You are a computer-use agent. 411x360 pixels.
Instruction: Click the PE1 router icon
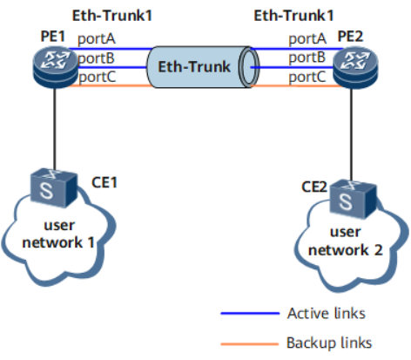tap(56, 67)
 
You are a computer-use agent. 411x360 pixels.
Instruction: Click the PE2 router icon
tap(355, 67)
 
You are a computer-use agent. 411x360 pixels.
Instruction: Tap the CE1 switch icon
tap(54, 187)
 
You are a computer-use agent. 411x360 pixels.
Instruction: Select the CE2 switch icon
tap(354, 199)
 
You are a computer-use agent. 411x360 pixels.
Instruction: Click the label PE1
tap(53, 37)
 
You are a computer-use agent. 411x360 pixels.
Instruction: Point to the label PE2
tap(350, 37)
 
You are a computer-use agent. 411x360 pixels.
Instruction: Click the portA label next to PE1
tap(97, 39)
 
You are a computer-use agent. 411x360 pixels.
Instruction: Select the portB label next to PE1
tap(96, 58)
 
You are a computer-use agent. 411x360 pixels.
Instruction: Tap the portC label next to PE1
tap(98, 77)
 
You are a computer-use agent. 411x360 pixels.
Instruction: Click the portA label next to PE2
tap(307, 39)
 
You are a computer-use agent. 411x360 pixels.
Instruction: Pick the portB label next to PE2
tap(307, 58)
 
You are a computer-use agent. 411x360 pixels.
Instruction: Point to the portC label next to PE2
tap(307, 77)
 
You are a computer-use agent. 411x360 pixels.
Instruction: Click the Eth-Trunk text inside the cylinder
tap(194, 67)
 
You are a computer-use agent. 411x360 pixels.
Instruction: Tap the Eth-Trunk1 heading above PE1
tap(112, 16)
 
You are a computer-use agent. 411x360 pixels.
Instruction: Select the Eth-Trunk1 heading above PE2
tap(293, 16)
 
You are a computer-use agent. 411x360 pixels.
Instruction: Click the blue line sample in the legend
tap(250, 314)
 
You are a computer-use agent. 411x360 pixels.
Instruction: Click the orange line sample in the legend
tap(250, 344)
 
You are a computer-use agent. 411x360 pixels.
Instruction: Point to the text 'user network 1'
tap(58, 234)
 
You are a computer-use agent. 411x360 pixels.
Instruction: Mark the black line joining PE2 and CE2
tap(352, 134)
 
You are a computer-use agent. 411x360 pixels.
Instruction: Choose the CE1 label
tap(104, 182)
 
